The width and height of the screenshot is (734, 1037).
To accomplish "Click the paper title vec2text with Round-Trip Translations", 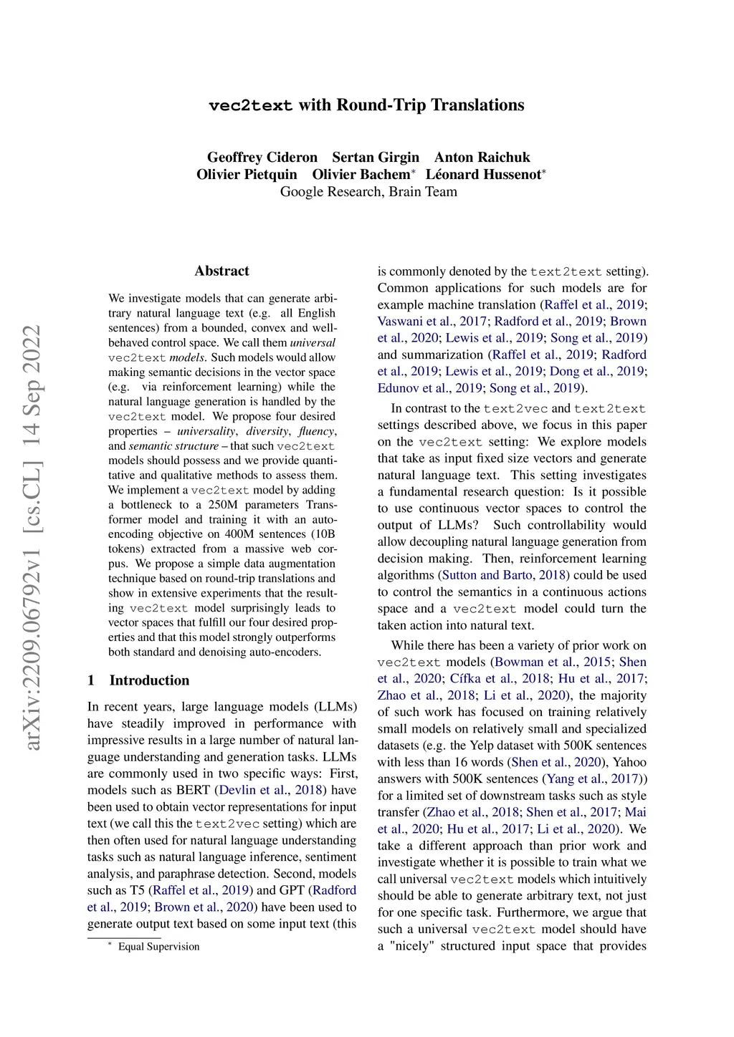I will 366,105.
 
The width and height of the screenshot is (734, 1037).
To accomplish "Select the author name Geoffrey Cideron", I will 262,158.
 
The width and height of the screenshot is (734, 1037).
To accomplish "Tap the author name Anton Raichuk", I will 482,158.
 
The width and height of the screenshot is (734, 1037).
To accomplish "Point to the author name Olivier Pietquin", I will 247,175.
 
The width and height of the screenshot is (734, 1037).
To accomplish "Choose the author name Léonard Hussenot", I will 483,175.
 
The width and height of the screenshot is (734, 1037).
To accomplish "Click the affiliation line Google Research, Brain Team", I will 368,192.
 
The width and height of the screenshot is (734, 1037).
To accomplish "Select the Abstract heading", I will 221,271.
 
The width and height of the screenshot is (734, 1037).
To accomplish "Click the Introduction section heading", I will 149,680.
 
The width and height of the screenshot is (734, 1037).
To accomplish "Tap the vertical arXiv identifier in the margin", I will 33,537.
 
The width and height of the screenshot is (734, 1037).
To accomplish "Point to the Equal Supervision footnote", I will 158,947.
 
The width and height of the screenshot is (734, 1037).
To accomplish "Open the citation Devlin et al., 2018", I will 271,790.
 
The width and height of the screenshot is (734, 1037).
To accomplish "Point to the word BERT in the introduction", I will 192,790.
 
